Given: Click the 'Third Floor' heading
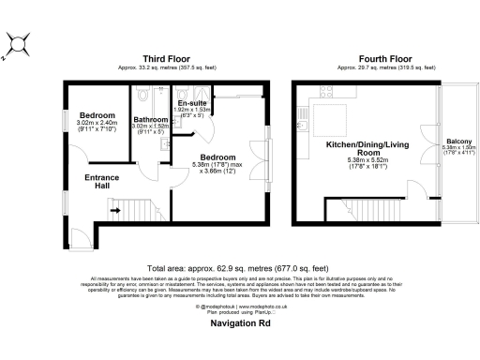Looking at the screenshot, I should pyautogui.click(x=161, y=59).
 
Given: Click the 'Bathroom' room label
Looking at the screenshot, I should pyautogui.click(x=150, y=121).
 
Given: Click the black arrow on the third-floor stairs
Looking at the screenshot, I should pyautogui.click(x=115, y=211).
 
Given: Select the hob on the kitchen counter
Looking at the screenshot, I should pyautogui.click(x=325, y=91).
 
